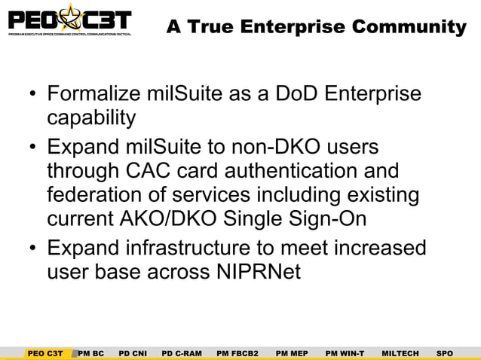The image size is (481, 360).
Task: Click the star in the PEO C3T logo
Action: (x=66, y=17)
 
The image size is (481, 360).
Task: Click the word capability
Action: (x=91, y=118)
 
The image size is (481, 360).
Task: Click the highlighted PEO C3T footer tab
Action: (x=45, y=352)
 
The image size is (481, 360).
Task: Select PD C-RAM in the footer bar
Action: (x=182, y=352)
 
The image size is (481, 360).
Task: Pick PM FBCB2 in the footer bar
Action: (x=237, y=352)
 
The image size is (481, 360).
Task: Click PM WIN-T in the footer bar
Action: (x=345, y=352)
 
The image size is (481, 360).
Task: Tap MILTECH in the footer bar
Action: (x=400, y=352)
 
